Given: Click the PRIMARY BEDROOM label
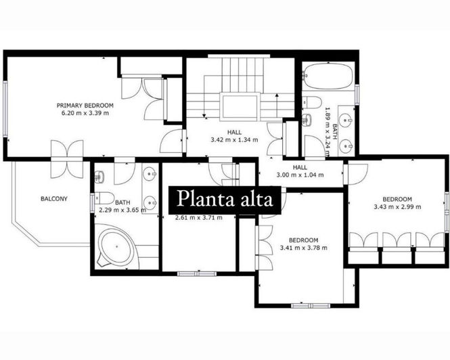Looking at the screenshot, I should pos(85,106).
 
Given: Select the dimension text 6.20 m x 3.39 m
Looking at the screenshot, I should pos(85,113).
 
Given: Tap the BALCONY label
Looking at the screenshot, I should pos(53,199).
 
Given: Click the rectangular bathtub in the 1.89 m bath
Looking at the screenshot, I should pos(328,76).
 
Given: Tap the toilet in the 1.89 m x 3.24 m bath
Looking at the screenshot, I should pos(313,102).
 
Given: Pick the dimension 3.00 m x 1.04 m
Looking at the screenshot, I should pos(300,175).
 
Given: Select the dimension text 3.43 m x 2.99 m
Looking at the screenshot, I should pos(397,206).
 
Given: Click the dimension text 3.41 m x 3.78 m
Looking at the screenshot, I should pos(304,248).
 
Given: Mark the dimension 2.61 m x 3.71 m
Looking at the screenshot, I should pos(199,217).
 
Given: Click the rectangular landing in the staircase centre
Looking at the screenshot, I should pos(239,107).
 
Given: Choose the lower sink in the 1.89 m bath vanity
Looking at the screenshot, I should pos(345,143).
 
